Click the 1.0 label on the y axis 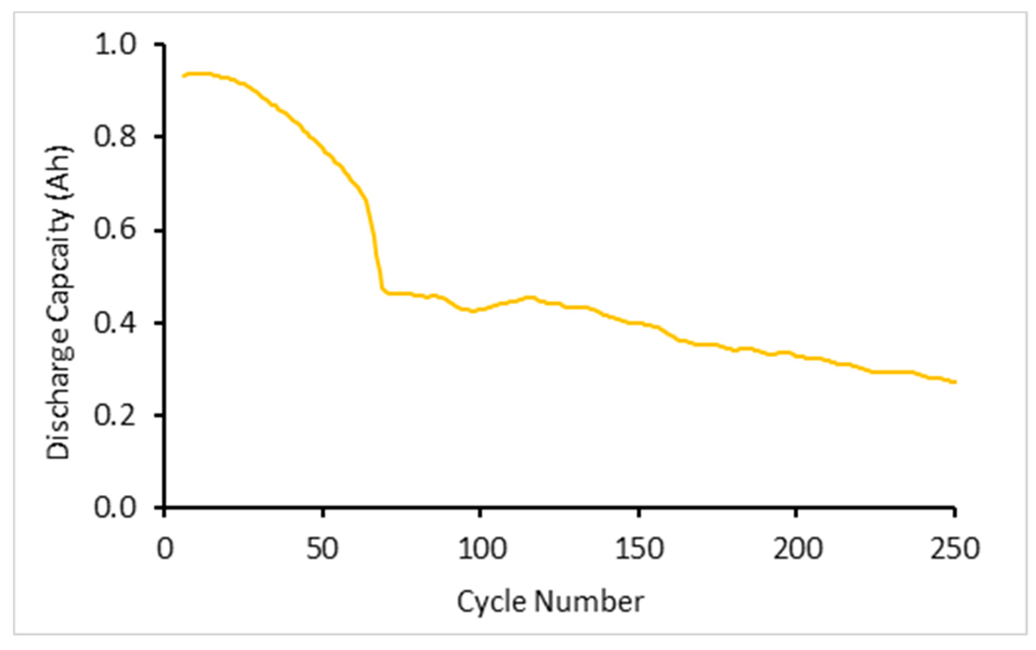115,45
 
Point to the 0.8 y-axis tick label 115,137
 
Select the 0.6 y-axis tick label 115,229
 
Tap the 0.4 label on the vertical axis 115,322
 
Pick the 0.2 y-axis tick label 115,415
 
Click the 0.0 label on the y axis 115,507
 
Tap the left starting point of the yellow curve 184,76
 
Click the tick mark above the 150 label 639,513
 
